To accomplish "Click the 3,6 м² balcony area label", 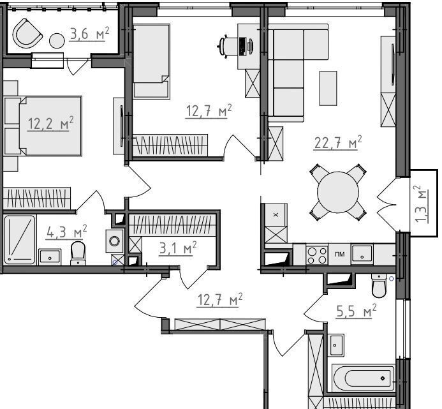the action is coord(89,34).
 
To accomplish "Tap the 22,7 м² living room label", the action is coord(337,142).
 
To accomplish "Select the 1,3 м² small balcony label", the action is coord(422,204).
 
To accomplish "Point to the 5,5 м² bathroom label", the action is coord(356,311).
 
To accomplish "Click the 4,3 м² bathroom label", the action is coord(66,232).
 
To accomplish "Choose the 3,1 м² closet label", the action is coord(177,248).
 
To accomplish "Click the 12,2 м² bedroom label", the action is coord(50,124).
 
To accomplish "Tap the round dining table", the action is coord(337,192).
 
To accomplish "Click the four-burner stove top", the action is coord(317,255).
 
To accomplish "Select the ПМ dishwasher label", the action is coord(340,254).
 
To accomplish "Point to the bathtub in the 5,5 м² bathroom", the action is coord(364,378).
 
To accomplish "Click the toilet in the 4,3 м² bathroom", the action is coord(78,253).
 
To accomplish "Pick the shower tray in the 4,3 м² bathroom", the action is coord(20,240).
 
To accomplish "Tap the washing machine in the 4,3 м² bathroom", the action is coord(114,241).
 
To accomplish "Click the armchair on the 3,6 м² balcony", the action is coord(27,34).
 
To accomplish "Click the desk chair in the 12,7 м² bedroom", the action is coord(228,46).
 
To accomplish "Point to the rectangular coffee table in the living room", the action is coord(328,88).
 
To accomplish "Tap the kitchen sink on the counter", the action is coord(362,255).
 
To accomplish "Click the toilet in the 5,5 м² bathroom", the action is coord(379,285).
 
